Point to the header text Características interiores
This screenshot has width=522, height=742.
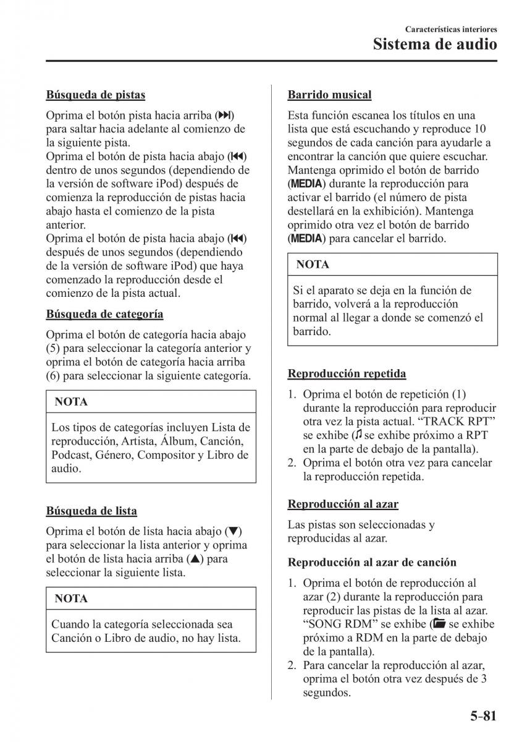[451, 29]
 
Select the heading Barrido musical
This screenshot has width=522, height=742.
[329, 95]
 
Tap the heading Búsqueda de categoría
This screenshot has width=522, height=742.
[104, 314]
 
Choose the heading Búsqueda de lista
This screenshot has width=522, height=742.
[91, 511]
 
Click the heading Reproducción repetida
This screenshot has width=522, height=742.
[347, 373]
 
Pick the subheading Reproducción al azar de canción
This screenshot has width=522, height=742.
[372, 563]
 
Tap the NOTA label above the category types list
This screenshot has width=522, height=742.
[71, 402]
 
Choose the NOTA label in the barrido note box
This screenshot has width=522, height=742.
[313, 265]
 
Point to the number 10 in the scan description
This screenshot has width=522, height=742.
[479, 129]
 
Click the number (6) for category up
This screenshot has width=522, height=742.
[53, 376]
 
